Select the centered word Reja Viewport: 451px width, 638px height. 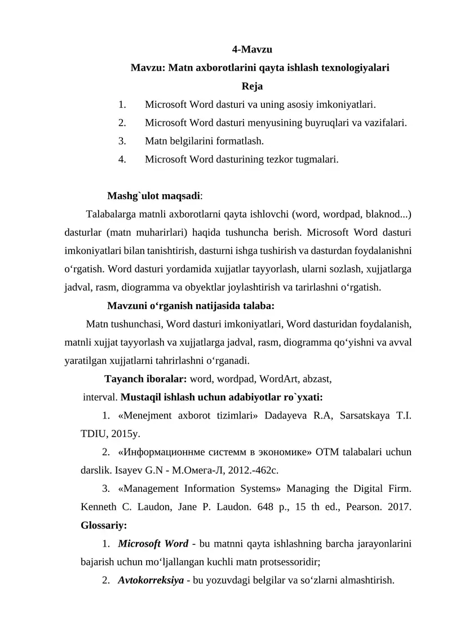click(252, 86)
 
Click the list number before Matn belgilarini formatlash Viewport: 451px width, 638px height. click(122, 140)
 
